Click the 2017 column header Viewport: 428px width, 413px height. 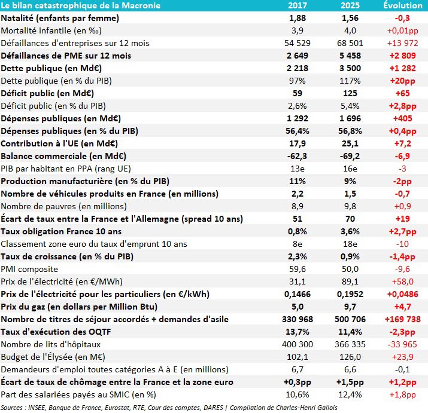tap(297, 5)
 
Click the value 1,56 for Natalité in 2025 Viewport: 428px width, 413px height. tap(350, 18)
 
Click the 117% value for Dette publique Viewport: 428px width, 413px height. tap(350, 81)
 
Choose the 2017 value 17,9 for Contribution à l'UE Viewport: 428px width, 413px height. tap(297, 143)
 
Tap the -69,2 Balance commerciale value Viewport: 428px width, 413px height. tap(350, 156)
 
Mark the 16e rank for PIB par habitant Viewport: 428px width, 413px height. tap(350, 169)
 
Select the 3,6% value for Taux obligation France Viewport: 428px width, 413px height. tap(350, 231)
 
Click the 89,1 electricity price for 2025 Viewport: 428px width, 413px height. tap(350, 282)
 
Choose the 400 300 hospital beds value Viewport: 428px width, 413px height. tap(297, 344)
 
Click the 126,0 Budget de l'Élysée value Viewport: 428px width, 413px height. tap(350, 357)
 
